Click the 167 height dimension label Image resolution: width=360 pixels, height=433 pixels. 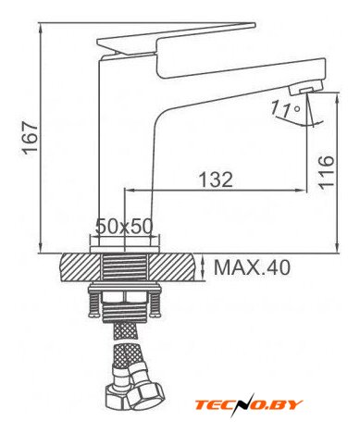point(31,137)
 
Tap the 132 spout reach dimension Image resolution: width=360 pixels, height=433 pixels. point(216,179)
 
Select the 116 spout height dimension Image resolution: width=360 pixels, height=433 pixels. point(327,171)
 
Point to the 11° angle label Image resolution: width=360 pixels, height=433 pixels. point(285,110)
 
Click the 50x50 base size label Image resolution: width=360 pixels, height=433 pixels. point(124,227)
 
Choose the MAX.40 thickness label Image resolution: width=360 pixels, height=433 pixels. point(252,267)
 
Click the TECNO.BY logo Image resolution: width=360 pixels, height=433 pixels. point(249,404)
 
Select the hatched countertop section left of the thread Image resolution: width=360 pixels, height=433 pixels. point(81,267)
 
